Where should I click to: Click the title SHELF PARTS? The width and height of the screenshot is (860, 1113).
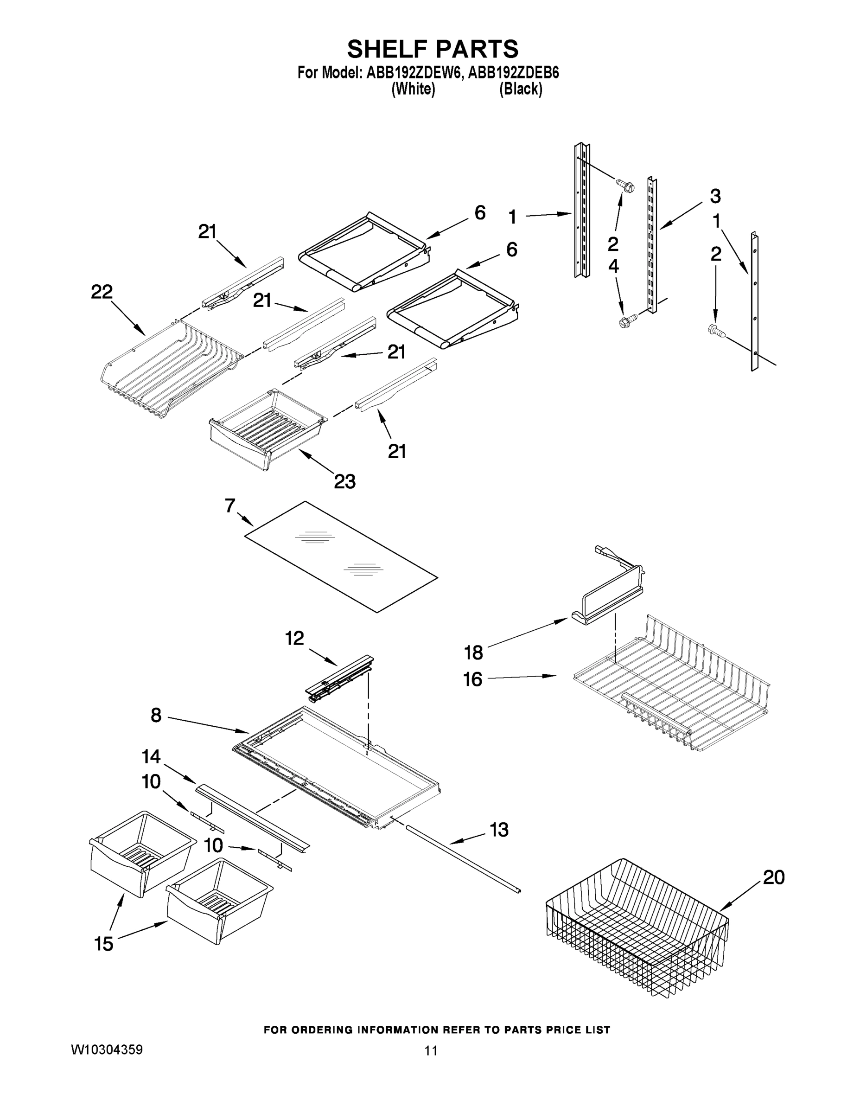point(433,50)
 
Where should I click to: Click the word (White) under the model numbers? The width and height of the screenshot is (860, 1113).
point(413,89)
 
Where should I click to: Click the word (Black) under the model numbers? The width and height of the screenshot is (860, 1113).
point(520,89)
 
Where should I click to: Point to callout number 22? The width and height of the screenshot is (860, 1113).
point(102,292)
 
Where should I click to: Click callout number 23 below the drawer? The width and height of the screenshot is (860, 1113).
point(344,481)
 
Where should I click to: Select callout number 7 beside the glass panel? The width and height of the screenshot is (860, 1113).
point(230,505)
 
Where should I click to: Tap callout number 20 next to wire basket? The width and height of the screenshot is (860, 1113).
point(773,877)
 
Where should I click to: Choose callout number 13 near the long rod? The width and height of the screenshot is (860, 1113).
point(499,830)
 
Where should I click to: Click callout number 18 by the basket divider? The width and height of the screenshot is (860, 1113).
point(473,652)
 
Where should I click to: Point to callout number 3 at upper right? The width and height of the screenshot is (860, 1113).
point(715,196)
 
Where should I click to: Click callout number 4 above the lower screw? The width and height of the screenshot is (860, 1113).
point(613,266)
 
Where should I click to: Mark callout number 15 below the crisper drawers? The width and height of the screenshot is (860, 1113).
point(104,944)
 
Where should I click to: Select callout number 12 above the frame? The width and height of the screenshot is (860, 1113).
point(294,638)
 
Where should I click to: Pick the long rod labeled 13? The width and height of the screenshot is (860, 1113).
point(461,860)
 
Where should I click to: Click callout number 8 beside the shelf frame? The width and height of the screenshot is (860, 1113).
point(156,716)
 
